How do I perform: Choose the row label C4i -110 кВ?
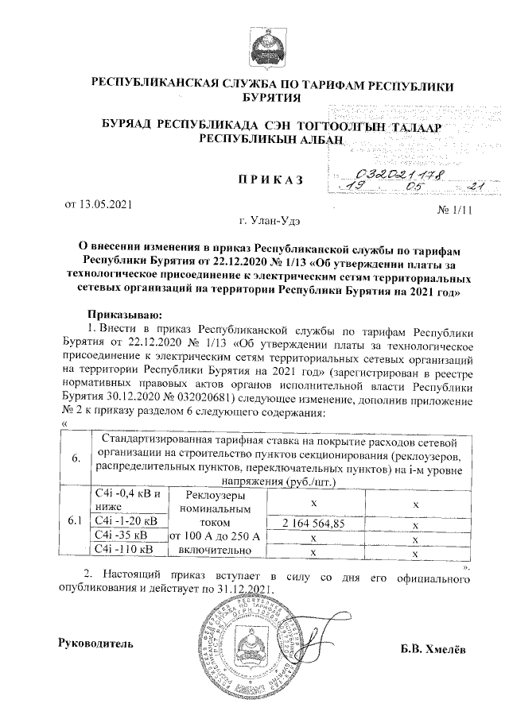[124, 549]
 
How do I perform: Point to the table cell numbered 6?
[76, 459]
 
